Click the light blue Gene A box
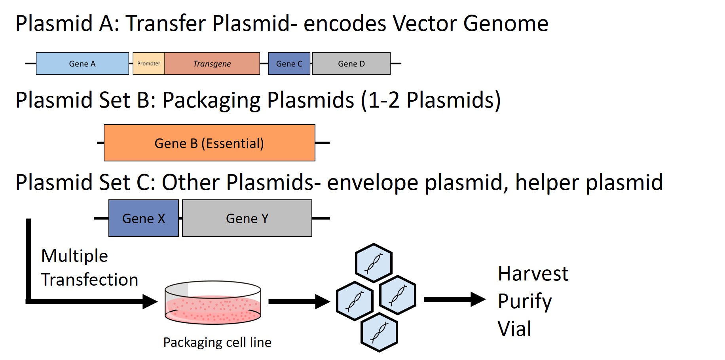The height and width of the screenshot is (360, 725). tap(82, 64)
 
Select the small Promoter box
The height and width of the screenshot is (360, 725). tap(149, 64)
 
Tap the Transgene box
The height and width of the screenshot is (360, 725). tap(212, 64)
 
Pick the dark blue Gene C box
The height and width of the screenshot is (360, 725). tap(289, 64)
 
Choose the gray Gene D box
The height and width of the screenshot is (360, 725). tap(351, 64)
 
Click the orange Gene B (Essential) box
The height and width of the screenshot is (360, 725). tap(209, 143)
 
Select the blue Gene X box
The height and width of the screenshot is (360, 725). tap(144, 218)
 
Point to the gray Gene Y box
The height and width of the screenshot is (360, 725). tap(247, 218)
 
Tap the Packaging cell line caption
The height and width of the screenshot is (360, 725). tap(217, 343)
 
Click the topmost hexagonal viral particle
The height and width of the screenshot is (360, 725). tap(374, 262)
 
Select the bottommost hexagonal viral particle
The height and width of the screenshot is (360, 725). tap(379, 332)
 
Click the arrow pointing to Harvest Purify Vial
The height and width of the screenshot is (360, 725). tap(454, 299)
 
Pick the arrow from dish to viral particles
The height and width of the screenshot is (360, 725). tap(299, 302)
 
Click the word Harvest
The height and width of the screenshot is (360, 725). tap(533, 274)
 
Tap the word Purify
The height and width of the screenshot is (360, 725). tap(524, 301)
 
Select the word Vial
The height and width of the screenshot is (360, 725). tap(514, 329)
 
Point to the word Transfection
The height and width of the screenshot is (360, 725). tap(90, 280)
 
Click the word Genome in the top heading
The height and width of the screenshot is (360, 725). tap(506, 23)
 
